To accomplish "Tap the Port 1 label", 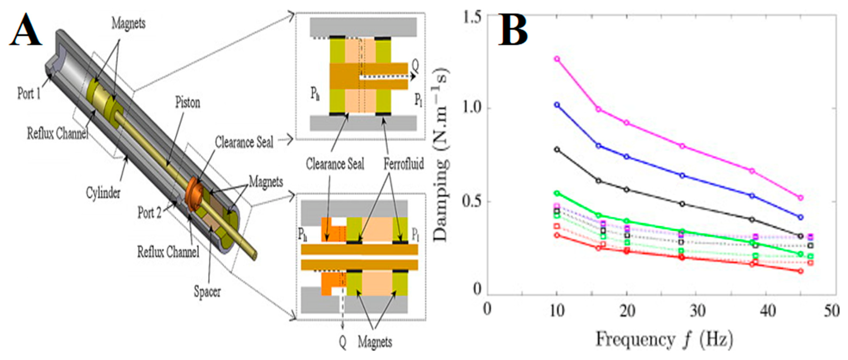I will click(x=29, y=93).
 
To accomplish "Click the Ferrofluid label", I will click(x=404, y=164).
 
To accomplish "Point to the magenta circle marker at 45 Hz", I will click(x=801, y=198).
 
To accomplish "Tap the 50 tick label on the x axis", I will click(x=832, y=310).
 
